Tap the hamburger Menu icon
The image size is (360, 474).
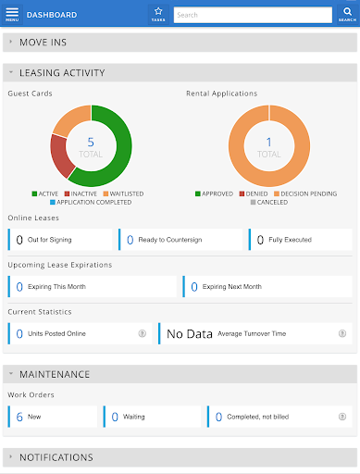[11, 14]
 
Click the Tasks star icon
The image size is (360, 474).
[158, 13]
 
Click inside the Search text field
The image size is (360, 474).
[251, 15]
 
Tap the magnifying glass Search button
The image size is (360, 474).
[346, 14]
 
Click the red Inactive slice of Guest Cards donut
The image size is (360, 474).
[60, 158]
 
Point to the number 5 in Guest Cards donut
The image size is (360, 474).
[91, 142]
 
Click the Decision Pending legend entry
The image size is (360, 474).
[305, 193]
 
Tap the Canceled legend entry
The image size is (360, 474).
[269, 202]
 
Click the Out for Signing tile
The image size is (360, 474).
[60, 240]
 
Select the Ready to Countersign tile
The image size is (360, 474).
[180, 240]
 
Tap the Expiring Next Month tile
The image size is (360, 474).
[267, 287]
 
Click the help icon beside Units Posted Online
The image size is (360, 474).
[142, 333]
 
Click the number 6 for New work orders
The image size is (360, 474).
[19, 417]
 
